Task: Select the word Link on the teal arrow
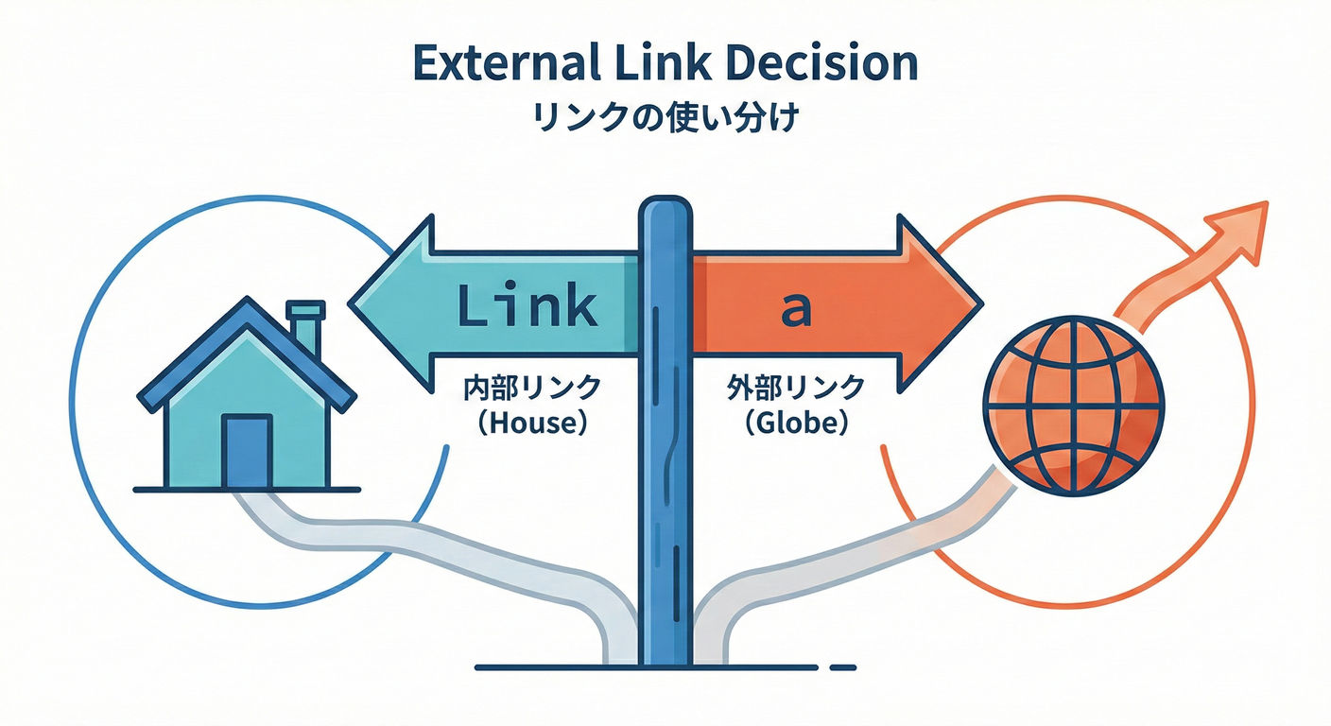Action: pos(527,306)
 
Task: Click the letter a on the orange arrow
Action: pos(796,308)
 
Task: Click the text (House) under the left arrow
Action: pos(529,423)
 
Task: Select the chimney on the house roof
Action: pos(305,327)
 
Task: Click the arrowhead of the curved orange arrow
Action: pos(1245,226)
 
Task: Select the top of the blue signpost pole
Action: pos(665,205)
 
